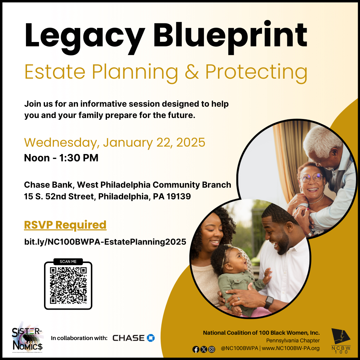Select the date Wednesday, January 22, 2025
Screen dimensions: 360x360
click(115, 142)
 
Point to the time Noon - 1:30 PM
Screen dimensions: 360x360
click(61, 158)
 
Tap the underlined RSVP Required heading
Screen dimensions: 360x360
click(65, 225)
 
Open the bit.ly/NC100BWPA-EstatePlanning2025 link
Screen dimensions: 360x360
click(105, 242)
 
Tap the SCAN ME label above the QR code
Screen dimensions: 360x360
click(68, 262)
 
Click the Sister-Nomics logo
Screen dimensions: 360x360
click(27, 338)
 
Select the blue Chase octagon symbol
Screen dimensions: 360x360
click(151, 338)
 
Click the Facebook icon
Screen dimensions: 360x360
click(196, 349)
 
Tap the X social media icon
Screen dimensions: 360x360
click(204, 349)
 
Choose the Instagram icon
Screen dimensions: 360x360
click(211, 349)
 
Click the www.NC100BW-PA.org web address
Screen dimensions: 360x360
click(291, 349)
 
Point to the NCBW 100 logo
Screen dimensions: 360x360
click(340, 340)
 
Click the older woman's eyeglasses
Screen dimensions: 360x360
click(311, 178)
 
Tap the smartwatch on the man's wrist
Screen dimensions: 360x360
click(269, 302)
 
